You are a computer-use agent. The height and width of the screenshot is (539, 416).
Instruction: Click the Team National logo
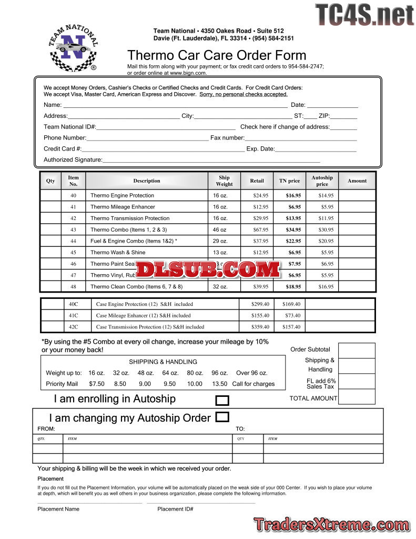(x=73, y=47)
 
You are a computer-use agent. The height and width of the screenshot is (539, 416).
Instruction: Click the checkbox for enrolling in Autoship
(x=222, y=401)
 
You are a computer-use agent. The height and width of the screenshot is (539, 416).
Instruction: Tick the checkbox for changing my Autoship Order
(x=222, y=417)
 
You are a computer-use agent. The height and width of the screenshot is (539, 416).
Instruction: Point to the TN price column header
(x=289, y=181)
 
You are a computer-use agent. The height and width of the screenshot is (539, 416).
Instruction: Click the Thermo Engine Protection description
(x=122, y=195)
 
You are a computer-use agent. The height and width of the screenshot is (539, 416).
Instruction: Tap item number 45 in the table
(x=73, y=252)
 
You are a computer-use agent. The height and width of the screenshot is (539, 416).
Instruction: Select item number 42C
(x=73, y=327)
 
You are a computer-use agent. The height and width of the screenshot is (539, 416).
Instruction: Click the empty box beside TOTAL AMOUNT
(x=356, y=397)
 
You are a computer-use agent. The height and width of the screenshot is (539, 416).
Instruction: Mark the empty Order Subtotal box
(x=356, y=351)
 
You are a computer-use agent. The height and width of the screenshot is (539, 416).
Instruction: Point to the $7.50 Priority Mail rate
(x=97, y=384)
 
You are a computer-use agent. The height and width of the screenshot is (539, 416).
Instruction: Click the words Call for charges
(x=253, y=384)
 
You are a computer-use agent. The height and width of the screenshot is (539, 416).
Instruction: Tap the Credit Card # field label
(x=63, y=149)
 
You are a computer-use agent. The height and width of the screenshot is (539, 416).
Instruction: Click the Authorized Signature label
(x=73, y=159)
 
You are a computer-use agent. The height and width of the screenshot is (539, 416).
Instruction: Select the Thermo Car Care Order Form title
(x=217, y=55)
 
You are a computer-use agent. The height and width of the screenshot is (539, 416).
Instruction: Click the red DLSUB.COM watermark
(x=208, y=269)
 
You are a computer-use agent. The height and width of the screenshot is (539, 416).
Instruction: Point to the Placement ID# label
(x=175, y=509)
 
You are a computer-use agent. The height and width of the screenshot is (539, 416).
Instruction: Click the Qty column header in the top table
(x=50, y=181)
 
